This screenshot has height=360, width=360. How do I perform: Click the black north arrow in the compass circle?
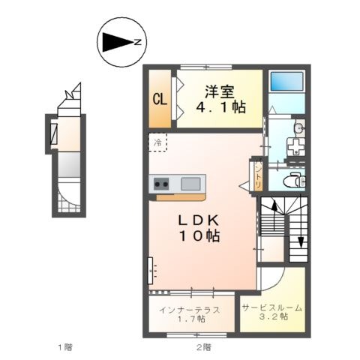[118, 43]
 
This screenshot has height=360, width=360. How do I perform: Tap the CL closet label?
[160, 100]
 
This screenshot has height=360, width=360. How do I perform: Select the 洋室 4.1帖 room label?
[220, 100]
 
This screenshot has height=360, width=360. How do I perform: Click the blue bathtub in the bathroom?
[286, 81]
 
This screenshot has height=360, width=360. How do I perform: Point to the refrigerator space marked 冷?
[157, 142]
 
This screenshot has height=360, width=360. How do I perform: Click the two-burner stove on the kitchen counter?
[161, 184]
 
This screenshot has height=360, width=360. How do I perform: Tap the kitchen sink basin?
[190, 184]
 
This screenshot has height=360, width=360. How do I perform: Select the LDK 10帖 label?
[199, 228]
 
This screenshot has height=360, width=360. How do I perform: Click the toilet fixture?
[295, 179]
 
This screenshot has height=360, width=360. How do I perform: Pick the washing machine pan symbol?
[296, 147]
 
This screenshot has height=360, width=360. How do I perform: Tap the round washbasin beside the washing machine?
[298, 128]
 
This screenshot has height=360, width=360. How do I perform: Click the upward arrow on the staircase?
[274, 215]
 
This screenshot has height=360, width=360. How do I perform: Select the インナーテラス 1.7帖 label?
[190, 314]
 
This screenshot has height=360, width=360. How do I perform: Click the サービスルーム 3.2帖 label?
[272, 312]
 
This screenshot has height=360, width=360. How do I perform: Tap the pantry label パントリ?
[258, 174]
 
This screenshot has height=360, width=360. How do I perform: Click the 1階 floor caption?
[65, 347]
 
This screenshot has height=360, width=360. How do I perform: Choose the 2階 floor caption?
[204, 347]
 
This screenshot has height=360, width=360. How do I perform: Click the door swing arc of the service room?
[278, 283]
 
